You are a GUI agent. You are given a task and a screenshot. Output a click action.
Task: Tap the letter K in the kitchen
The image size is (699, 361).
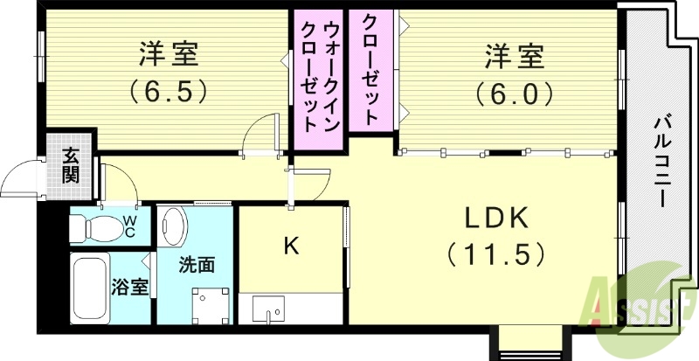290,246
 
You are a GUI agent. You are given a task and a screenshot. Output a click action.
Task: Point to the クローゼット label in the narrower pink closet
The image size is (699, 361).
370,68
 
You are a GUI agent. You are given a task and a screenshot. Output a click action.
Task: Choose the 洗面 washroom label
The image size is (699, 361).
197,264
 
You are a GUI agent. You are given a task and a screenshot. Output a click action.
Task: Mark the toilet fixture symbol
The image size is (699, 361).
92,226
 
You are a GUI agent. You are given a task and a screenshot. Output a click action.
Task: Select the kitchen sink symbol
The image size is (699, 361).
268,309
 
